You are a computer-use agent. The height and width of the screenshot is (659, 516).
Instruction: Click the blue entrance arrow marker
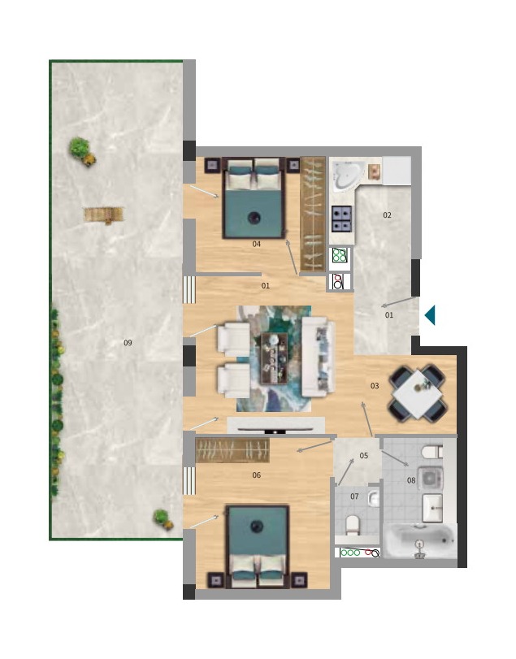click(430, 315)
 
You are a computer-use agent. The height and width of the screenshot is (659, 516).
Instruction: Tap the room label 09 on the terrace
click(128, 343)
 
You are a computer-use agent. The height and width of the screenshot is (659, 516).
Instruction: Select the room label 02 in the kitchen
click(387, 215)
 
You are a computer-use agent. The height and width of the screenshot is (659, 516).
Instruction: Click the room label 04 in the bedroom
click(256, 244)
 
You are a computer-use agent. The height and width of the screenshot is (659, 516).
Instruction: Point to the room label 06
click(256, 475)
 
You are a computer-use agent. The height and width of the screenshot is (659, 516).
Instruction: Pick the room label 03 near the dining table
click(375, 385)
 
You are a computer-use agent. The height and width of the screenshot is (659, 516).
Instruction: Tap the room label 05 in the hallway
click(364, 456)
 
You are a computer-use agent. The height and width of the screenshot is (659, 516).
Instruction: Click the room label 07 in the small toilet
click(354, 496)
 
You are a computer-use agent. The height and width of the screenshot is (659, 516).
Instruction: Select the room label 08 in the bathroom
click(411, 480)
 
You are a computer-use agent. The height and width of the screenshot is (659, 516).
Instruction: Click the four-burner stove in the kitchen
click(341, 219)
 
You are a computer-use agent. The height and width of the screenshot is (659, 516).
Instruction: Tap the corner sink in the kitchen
click(348, 176)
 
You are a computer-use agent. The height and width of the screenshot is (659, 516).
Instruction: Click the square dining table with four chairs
click(417, 392)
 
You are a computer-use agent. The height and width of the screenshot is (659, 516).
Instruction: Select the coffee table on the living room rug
click(275, 358)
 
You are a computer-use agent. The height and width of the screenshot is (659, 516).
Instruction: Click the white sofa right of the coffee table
click(318, 358)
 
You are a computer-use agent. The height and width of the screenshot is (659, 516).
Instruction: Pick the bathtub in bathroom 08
click(421, 541)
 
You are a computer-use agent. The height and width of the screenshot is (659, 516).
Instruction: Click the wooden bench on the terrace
click(104, 215)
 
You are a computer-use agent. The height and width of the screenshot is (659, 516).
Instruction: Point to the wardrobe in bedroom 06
click(232, 450)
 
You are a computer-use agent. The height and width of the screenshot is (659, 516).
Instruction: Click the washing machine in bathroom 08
click(430, 479)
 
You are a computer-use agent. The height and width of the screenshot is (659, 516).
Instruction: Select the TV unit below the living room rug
click(275, 425)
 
